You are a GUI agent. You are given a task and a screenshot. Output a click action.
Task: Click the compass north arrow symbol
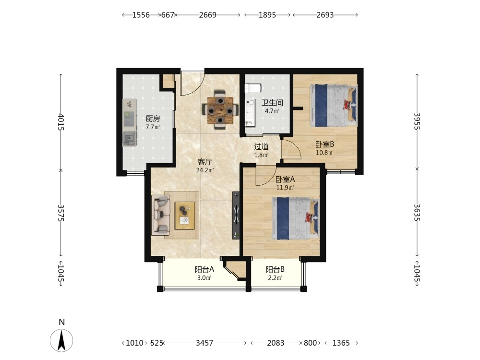coord(61,340)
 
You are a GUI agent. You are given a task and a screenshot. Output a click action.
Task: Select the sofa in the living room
coord(160,215)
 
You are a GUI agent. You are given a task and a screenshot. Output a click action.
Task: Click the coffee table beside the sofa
coord(185,215)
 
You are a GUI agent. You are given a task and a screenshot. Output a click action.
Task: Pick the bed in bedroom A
coord(296,218)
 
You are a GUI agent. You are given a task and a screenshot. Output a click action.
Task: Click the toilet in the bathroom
coord(252,88)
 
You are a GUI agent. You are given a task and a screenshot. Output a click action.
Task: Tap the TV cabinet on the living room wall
coord(236,216)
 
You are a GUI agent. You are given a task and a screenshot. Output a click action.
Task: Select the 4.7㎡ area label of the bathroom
coord(272,111)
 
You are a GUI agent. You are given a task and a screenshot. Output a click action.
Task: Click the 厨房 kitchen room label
coord(153,119)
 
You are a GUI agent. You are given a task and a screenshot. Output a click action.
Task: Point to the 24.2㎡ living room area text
coord(205,170)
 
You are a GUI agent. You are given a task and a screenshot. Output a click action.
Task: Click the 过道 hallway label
coord(262,146)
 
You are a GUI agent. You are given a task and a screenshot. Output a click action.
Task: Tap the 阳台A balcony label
coord(204,269)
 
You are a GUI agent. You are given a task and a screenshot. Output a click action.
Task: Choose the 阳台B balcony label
coord(275,269)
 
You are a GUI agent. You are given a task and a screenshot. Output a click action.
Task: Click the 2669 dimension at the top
coord(207,15)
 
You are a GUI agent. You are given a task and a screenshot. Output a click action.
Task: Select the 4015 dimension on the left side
coord(60,122)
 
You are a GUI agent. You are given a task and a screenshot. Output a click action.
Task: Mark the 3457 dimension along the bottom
coord(204,343)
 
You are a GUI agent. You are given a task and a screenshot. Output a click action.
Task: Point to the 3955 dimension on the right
coord(417,121)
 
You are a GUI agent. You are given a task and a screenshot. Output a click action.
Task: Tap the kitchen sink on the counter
coord(130,139)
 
